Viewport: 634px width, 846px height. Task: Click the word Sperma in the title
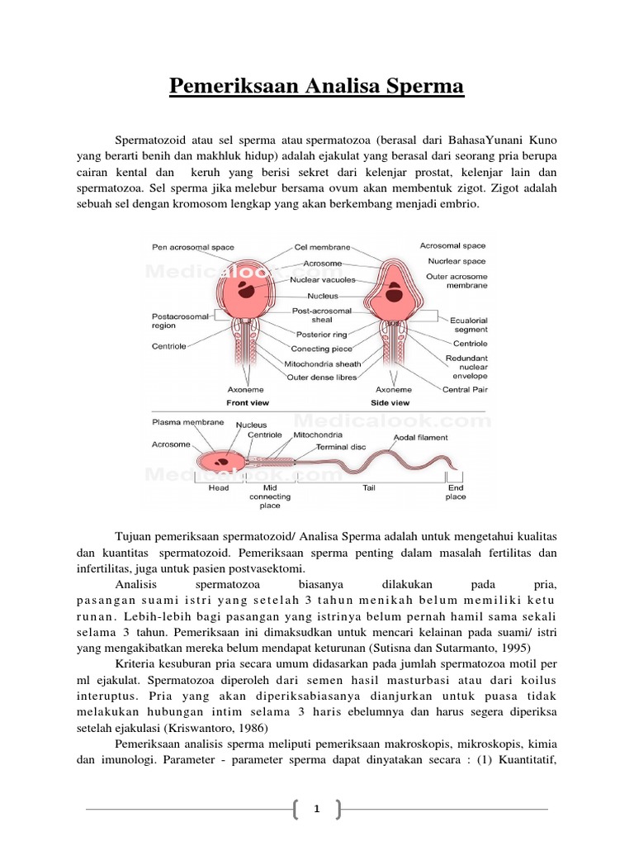click(x=423, y=87)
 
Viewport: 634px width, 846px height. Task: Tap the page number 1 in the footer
click(x=316, y=810)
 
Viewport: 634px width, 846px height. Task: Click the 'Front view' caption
click(x=250, y=402)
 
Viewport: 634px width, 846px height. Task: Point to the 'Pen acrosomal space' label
click(x=192, y=247)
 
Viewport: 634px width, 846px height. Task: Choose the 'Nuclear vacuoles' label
click(x=322, y=279)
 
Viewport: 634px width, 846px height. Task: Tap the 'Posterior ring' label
click(x=322, y=335)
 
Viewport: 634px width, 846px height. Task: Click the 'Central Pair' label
click(x=467, y=389)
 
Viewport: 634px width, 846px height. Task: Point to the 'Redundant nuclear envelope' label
click(x=466, y=366)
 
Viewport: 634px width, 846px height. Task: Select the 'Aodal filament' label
click(x=420, y=437)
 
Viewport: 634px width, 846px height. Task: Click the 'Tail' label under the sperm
click(x=369, y=488)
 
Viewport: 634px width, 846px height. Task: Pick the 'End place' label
click(x=456, y=492)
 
